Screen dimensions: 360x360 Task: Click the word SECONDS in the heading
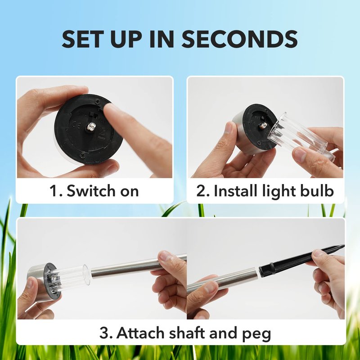coord(240,39)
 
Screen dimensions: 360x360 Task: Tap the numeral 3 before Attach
coord(104,333)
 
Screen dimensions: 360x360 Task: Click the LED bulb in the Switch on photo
coord(91,126)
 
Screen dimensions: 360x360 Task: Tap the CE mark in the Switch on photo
coord(76,126)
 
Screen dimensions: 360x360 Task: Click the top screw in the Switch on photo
coord(98,100)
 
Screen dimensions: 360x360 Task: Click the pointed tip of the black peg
coord(344,246)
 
